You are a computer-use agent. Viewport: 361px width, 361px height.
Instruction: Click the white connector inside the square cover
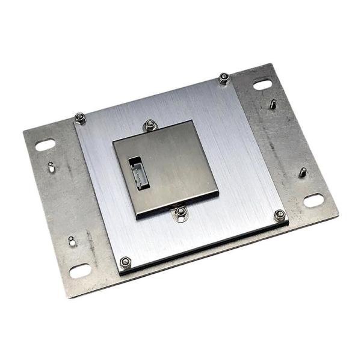click(x=138, y=173)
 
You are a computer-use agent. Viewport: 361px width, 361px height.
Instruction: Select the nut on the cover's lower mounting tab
click(x=179, y=212)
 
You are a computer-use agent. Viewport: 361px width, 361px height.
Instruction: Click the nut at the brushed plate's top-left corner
click(x=80, y=117)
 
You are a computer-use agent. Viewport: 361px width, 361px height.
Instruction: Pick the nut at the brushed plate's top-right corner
click(x=224, y=78)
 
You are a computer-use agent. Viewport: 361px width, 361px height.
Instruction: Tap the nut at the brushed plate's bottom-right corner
click(x=279, y=215)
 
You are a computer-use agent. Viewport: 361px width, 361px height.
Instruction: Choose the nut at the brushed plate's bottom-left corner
click(x=126, y=262)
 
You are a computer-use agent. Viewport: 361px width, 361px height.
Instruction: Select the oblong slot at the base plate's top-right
click(x=262, y=85)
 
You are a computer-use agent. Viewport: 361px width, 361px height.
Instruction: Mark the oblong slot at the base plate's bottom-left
click(x=79, y=271)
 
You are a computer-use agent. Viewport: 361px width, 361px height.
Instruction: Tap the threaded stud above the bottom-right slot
click(x=303, y=173)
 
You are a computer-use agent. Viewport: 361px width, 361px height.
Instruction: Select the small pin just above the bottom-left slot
click(x=72, y=241)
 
